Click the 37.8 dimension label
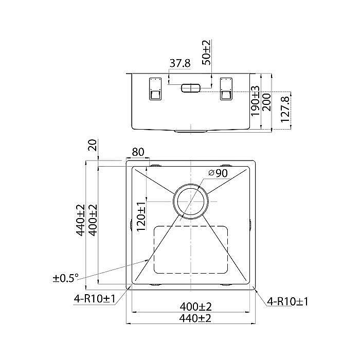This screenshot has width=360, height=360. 180,63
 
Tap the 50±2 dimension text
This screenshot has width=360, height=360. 207,52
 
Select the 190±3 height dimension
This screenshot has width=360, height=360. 255,101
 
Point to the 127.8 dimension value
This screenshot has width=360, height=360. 285,109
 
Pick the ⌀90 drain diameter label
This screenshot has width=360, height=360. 218,173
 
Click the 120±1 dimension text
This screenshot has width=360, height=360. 141,217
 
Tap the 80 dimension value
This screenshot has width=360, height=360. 138,152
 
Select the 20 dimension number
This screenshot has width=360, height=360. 93,145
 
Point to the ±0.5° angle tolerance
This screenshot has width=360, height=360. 66,278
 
